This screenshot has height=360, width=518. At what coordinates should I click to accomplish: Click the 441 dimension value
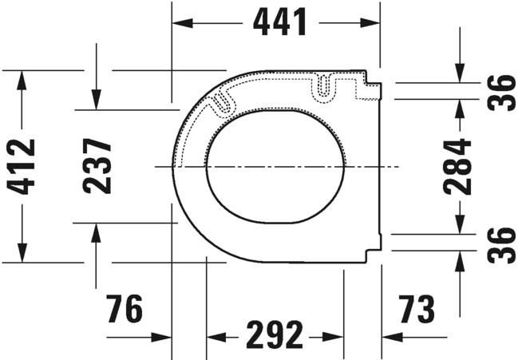(x=280, y=23)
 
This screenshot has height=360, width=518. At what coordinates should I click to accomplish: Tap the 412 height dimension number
(x=23, y=166)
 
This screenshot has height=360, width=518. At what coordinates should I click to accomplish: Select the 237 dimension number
(x=97, y=166)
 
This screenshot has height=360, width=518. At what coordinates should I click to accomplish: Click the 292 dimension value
(x=275, y=336)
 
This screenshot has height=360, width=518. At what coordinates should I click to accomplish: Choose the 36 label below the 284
(x=502, y=245)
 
